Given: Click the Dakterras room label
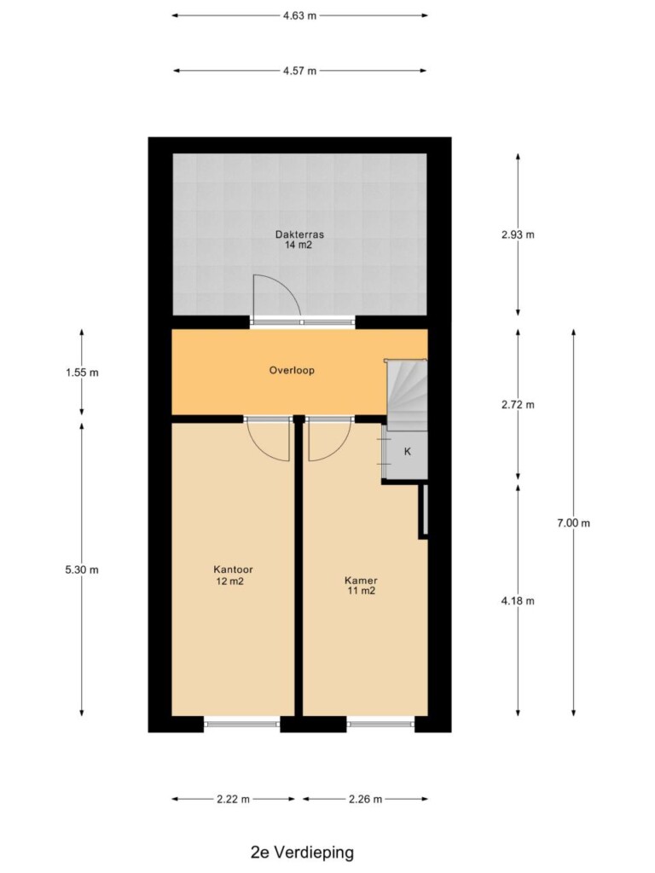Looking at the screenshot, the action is tap(299, 234).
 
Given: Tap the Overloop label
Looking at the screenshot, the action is tap(292, 370).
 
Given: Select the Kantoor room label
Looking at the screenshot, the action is tap(233, 569).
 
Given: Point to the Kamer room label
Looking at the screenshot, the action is tap(361, 581).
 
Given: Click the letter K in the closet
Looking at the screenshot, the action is tap(407, 452).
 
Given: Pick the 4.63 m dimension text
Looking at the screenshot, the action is tap(299, 15).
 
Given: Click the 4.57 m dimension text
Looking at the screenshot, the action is tap(299, 71).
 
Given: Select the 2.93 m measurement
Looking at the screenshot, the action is tap(518, 234).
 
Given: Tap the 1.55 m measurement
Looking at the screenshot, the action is tap(82, 373).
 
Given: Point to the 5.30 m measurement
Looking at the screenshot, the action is tap(82, 569).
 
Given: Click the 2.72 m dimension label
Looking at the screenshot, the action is tap(518, 405).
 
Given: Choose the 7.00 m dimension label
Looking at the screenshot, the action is tap(573, 523).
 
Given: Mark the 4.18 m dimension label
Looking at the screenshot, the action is tap(518, 601).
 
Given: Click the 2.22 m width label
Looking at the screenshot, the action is tap(234, 800).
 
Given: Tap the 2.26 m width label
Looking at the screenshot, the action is tap(365, 800).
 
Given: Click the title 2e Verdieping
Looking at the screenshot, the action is tap(303, 853).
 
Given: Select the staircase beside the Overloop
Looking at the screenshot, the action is tap(407, 395).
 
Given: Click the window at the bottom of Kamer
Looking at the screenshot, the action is tap(381, 723).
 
